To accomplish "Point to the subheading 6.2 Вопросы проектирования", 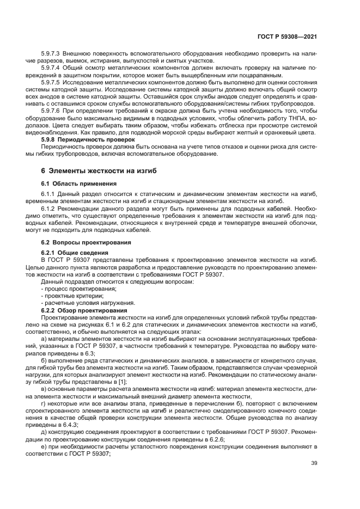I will point(78,241).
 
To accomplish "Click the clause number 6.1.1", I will point(48,194).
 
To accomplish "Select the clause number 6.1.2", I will point(48,208).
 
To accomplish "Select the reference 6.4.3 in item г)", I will point(69,424).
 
